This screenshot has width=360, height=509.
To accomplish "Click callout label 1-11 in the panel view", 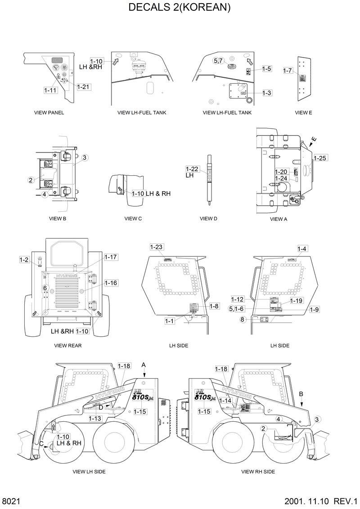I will click(x=50, y=90).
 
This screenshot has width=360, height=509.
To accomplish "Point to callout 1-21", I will click(x=83, y=87).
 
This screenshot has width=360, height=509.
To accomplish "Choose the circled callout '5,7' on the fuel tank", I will click(x=218, y=61).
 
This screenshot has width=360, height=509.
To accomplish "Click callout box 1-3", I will click(x=266, y=93).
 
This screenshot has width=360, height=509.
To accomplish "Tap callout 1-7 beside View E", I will click(x=288, y=71).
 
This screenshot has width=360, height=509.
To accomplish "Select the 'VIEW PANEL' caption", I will click(x=49, y=112).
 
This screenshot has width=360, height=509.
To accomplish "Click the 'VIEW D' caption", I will click(x=208, y=219).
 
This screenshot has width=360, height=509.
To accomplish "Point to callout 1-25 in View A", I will click(x=320, y=158).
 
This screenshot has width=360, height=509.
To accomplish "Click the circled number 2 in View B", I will click(x=31, y=180).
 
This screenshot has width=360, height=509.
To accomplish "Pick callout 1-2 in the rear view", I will click(x=24, y=259).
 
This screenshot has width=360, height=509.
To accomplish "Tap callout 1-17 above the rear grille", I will click(x=111, y=257).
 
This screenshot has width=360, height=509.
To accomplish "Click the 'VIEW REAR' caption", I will click(x=67, y=345).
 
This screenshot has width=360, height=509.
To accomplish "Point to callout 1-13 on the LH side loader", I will click(x=95, y=418).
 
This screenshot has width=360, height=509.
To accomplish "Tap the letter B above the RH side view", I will click(x=301, y=393).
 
